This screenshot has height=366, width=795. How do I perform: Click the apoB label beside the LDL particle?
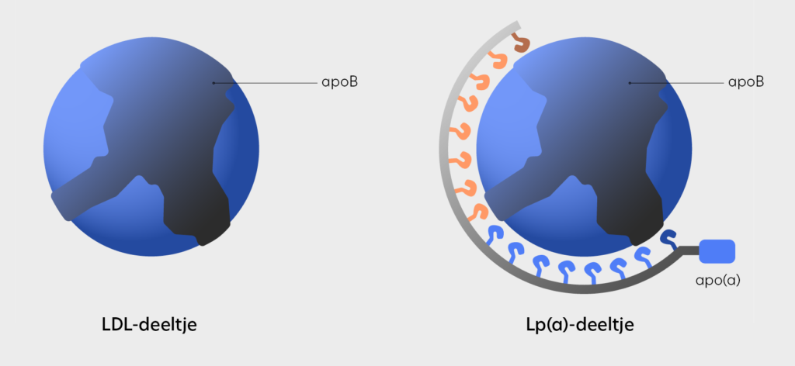340,82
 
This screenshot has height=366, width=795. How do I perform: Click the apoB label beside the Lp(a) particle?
746,82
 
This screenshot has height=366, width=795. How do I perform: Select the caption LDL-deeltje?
149,324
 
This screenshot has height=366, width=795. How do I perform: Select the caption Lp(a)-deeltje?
580,325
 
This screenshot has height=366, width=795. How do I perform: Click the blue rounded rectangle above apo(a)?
717,251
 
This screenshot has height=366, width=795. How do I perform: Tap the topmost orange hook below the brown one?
495,60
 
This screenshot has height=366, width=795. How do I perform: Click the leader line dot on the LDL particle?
214,82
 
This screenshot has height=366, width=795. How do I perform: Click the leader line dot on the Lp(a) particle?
629,82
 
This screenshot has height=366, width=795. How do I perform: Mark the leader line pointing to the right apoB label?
676,82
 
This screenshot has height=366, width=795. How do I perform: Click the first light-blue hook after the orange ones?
495,233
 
